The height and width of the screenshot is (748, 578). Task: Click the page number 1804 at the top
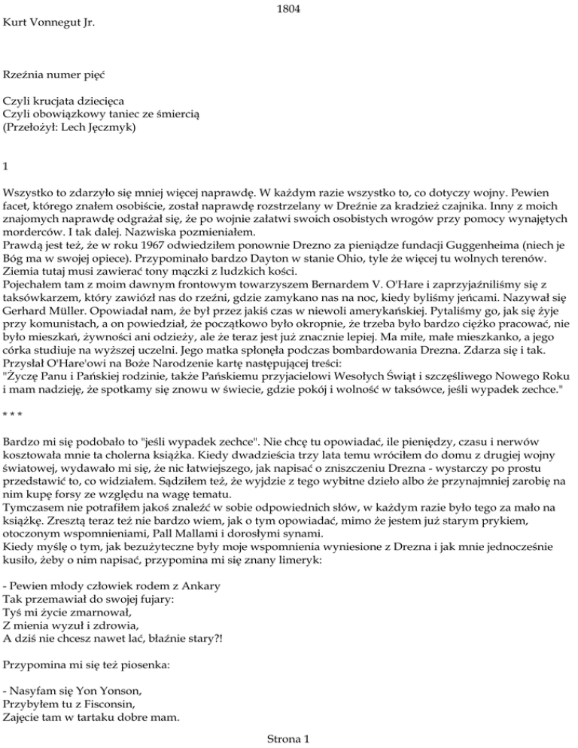pos(289,10)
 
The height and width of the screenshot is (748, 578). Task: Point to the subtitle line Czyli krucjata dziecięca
pos(64,100)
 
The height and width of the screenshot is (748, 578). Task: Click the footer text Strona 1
pos(288,740)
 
